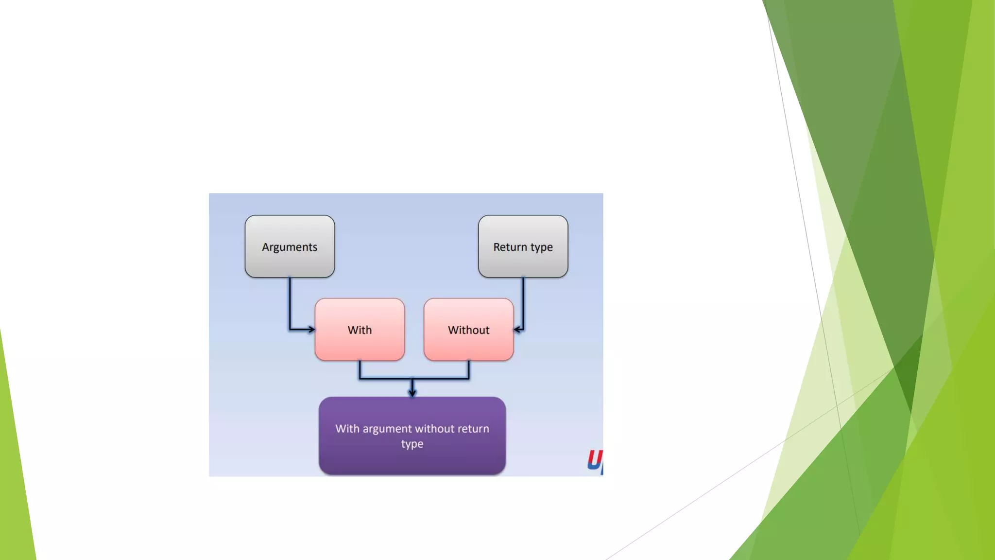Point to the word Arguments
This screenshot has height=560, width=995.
[290, 247]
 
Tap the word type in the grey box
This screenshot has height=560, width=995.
[541, 247]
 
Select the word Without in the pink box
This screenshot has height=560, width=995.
[468, 330]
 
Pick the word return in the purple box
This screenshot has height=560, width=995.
[473, 429]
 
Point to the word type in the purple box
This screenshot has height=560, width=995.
[412, 444]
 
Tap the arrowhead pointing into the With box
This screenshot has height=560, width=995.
[311, 330]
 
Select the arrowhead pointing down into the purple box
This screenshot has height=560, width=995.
[412, 392]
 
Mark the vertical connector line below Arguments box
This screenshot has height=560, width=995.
[290, 301]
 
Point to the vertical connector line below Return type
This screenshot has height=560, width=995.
[523, 301]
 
